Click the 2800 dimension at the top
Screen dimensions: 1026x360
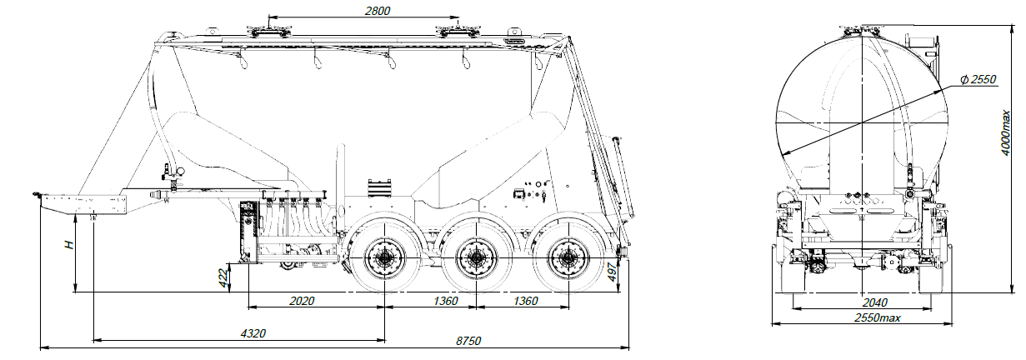point(378,11)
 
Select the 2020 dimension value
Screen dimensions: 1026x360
point(302,301)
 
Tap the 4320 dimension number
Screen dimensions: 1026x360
point(253,333)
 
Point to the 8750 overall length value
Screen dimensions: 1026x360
point(468,341)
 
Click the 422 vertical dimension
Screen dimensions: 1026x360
point(223,278)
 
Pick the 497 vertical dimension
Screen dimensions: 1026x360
point(613,272)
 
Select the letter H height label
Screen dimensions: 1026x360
point(70,245)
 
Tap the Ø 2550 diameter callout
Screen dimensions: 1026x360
point(978,80)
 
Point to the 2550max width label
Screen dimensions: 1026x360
point(878,317)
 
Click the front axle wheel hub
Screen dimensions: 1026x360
point(385,259)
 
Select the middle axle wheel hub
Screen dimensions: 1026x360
point(477,259)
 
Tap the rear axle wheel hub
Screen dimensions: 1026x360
point(568,259)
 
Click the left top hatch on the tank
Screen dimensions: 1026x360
point(268,32)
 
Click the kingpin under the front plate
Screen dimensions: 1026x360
point(93,217)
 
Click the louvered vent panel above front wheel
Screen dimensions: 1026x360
point(380,188)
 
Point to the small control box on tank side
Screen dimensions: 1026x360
point(518,193)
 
